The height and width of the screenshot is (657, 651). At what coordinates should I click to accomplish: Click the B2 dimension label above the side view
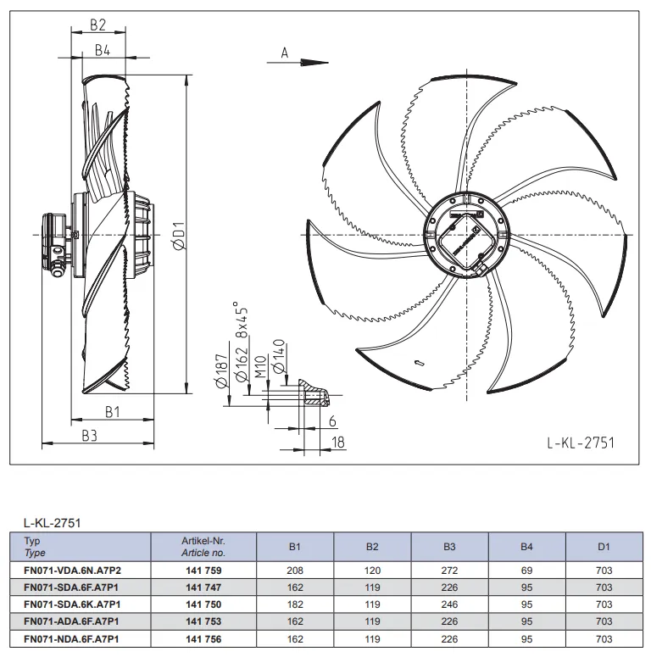(98, 25)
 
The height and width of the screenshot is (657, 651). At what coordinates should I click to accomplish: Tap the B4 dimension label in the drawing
(103, 50)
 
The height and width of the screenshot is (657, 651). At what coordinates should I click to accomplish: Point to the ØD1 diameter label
(179, 237)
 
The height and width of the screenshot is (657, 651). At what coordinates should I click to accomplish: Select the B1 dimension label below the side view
(112, 412)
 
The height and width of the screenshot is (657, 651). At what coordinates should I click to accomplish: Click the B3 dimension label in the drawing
(89, 437)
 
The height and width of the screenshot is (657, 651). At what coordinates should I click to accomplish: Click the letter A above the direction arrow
(285, 53)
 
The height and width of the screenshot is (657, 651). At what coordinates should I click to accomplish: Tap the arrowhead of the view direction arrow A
(314, 63)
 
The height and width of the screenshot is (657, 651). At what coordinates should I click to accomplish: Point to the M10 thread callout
(260, 366)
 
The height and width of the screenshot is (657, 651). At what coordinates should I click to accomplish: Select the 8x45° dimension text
(242, 320)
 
